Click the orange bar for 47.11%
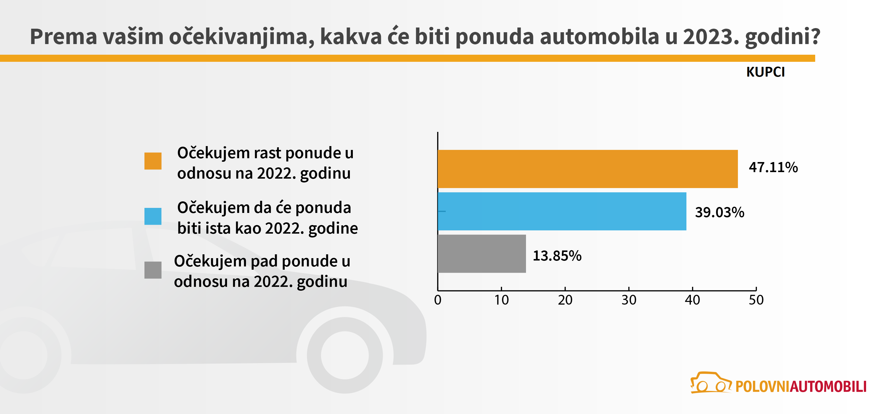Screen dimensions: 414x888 point(587,169)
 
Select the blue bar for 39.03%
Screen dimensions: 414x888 point(562,211)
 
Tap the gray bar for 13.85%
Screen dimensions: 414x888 point(482,254)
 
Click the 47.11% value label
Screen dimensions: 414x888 point(773,167)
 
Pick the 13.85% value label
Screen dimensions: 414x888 point(557,256)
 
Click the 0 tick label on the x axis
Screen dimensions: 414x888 point(438,300)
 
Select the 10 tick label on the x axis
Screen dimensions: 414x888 point(501,300)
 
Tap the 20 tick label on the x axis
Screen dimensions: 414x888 point(565,300)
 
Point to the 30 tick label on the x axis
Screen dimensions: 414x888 point(629,300)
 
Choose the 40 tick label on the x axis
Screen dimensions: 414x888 point(693,300)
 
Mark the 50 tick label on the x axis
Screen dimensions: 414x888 point(756,300)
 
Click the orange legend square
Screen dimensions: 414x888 point(153,161)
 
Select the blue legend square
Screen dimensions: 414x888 point(153,216)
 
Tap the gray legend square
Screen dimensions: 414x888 point(153,270)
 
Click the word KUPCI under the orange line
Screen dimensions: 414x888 point(765,72)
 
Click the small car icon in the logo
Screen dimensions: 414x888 point(710,383)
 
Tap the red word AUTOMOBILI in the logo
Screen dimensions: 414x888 point(828,387)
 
